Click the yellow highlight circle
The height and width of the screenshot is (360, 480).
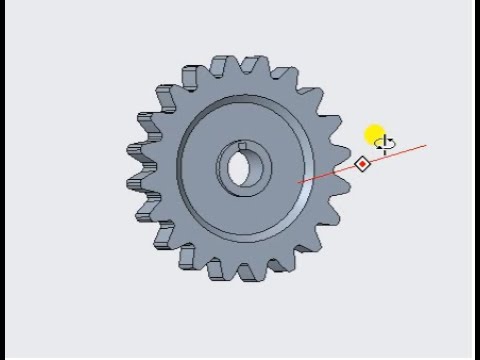(375, 137)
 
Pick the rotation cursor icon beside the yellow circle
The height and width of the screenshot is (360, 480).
(386, 144)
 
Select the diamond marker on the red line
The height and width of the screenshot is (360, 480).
(363, 163)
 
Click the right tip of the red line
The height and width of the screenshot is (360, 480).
(426, 146)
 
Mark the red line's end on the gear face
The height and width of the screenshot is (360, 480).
(300, 182)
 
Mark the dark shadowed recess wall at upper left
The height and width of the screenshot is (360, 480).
(200, 120)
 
